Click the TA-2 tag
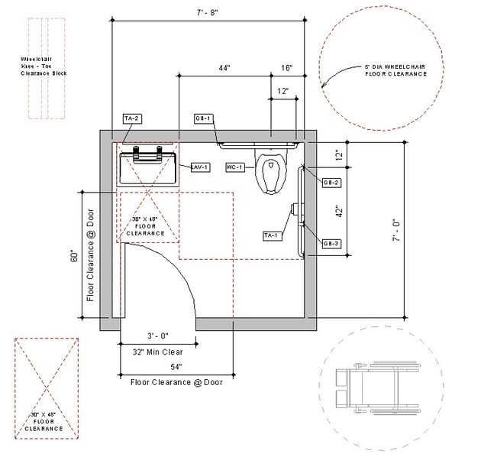(131, 118)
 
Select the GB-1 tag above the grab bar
(202, 118)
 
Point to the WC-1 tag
(234, 167)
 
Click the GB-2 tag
(331, 183)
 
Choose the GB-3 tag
(331, 243)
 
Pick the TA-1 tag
(271, 235)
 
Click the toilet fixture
(270, 172)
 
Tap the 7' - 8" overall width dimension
(208, 11)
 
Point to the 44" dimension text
(224, 68)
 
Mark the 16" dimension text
(286, 68)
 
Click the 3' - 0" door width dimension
(157, 336)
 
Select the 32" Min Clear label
(157, 352)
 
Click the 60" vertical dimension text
(74, 257)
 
